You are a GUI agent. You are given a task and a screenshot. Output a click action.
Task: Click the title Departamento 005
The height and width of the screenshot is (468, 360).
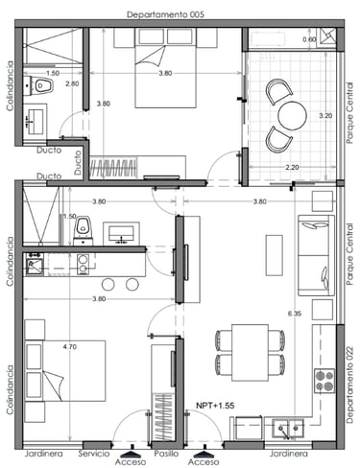(x=165, y=14)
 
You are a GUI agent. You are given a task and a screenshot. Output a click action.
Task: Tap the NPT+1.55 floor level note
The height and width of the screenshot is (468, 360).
(x=215, y=406)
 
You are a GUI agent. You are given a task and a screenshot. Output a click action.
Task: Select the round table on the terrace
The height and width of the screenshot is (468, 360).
(x=292, y=116)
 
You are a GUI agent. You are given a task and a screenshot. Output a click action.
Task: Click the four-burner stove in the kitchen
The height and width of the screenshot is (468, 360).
(x=324, y=381)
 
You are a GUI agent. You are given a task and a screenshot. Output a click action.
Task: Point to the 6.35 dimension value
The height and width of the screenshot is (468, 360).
(x=295, y=314)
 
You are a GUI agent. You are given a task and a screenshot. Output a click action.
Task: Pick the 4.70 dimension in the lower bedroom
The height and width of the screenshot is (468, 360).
(x=70, y=346)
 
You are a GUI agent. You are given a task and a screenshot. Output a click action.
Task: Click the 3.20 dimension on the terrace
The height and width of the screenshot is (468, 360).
(x=325, y=116)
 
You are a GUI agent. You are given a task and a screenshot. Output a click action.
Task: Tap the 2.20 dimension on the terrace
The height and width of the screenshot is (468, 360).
(x=292, y=167)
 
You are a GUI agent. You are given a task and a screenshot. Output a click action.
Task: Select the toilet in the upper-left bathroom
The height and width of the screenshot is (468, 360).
(x=40, y=86)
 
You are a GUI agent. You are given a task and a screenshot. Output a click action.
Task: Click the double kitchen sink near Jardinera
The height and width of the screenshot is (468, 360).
(x=288, y=429)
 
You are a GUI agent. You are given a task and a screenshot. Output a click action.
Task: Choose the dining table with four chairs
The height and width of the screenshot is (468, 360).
(x=250, y=353)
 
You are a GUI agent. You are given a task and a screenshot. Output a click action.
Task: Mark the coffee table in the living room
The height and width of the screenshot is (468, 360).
(x=275, y=255)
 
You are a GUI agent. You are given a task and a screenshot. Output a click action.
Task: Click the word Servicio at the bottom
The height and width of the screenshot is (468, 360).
(x=94, y=454)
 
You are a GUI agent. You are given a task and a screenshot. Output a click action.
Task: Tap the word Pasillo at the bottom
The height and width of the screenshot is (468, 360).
(x=166, y=454)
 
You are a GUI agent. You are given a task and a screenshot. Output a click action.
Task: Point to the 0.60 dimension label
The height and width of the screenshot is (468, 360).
(x=309, y=39)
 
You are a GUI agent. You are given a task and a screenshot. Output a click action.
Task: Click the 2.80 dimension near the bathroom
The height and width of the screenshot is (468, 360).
(x=72, y=83)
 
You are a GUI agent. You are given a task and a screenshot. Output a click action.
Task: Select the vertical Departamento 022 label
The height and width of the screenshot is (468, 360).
(x=349, y=386)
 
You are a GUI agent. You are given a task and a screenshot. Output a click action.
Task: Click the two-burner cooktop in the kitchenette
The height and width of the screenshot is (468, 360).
(x=84, y=264)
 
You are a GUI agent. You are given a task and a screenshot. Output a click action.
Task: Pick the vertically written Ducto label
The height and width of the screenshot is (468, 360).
(x=78, y=163)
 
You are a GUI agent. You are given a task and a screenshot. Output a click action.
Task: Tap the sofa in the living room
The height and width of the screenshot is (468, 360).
(x=316, y=255)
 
